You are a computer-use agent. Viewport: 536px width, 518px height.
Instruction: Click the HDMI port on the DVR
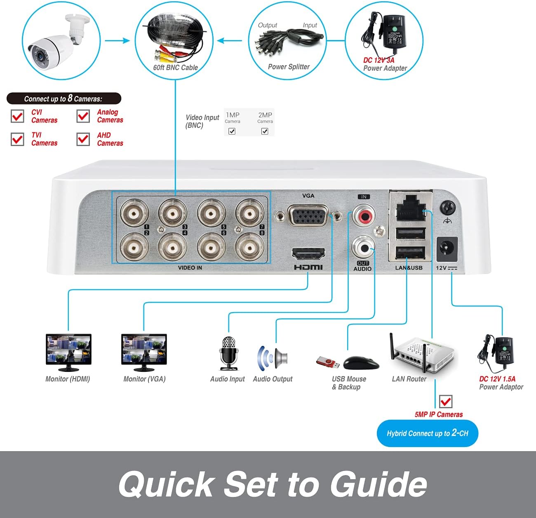click(308, 254)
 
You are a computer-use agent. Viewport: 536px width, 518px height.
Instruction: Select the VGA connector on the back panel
click(308, 215)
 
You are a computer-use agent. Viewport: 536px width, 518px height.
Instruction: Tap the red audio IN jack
click(364, 215)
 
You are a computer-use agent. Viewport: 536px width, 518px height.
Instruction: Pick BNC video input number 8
click(249, 247)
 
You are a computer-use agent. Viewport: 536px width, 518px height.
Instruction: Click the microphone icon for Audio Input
click(228, 353)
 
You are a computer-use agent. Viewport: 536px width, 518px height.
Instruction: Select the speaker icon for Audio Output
click(273, 357)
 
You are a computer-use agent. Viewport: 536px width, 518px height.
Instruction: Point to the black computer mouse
click(361, 363)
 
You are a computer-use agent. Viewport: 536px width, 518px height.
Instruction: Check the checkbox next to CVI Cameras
click(17, 116)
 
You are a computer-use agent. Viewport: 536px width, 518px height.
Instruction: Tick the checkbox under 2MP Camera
click(265, 131)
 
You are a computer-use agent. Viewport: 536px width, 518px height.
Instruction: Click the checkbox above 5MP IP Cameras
click(446, 401)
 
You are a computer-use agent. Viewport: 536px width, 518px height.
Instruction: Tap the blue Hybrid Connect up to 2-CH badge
click(427, 433)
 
